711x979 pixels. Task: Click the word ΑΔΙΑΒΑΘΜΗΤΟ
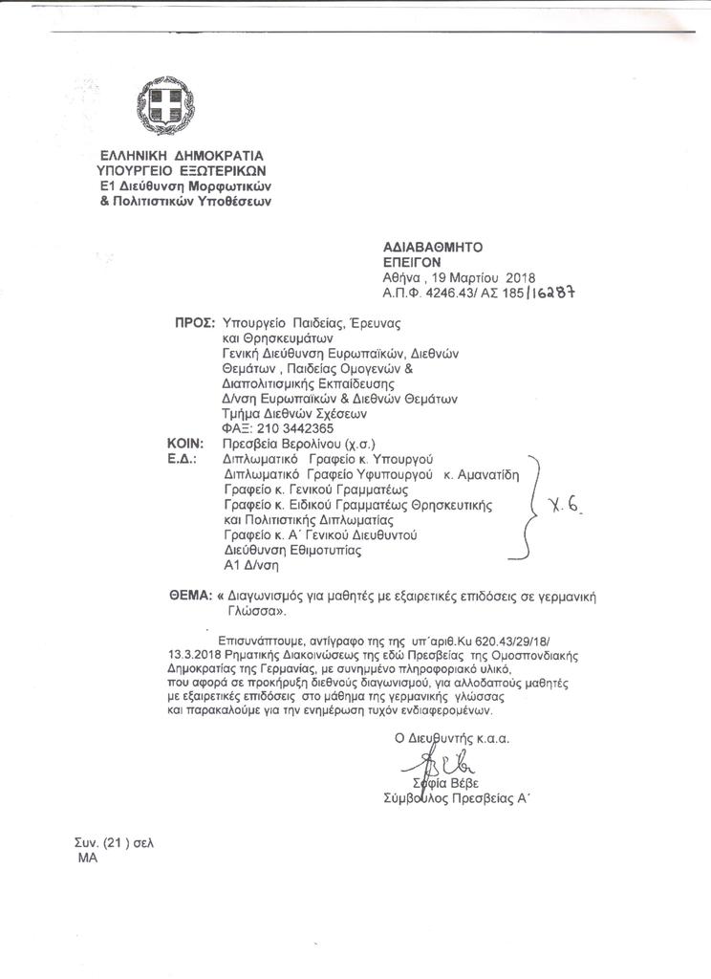pyautogui.click(x=421, y=246)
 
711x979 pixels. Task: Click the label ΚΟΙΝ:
pyautogui.click(x=185, y=445)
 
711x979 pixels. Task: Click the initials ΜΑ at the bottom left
pyautogui.click(x=87, y=858)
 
